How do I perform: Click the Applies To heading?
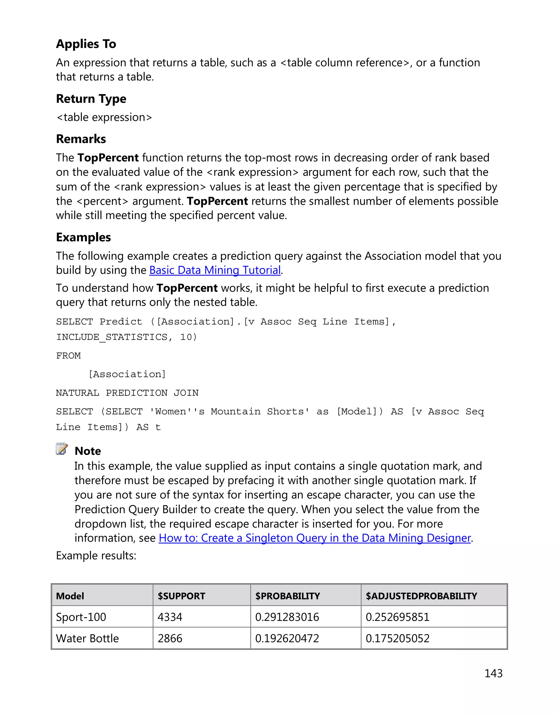(86, 44)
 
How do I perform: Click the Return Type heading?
(91, 99)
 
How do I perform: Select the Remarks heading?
(81, 139)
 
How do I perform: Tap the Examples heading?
(83, 237)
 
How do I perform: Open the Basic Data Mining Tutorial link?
(215, 270)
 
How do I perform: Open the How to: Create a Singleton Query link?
(314, 538)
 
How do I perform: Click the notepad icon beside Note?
(62, 449)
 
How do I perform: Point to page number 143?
(493, 673)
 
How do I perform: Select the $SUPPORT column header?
(181, 596)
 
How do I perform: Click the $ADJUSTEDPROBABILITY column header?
(421, 596)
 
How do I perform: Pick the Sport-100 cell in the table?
(81, 617)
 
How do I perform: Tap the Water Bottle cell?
(87, 638)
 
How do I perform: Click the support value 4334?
(170, 617)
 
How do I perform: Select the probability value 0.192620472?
(287, 638)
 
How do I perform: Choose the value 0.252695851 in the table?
(397, 617)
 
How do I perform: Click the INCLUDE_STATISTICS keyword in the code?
(112, 337)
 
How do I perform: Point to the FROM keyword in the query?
(68, 355)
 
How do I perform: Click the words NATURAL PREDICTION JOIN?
(127, 393)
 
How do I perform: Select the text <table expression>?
(104, 117)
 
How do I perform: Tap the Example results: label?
(96, 556)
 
